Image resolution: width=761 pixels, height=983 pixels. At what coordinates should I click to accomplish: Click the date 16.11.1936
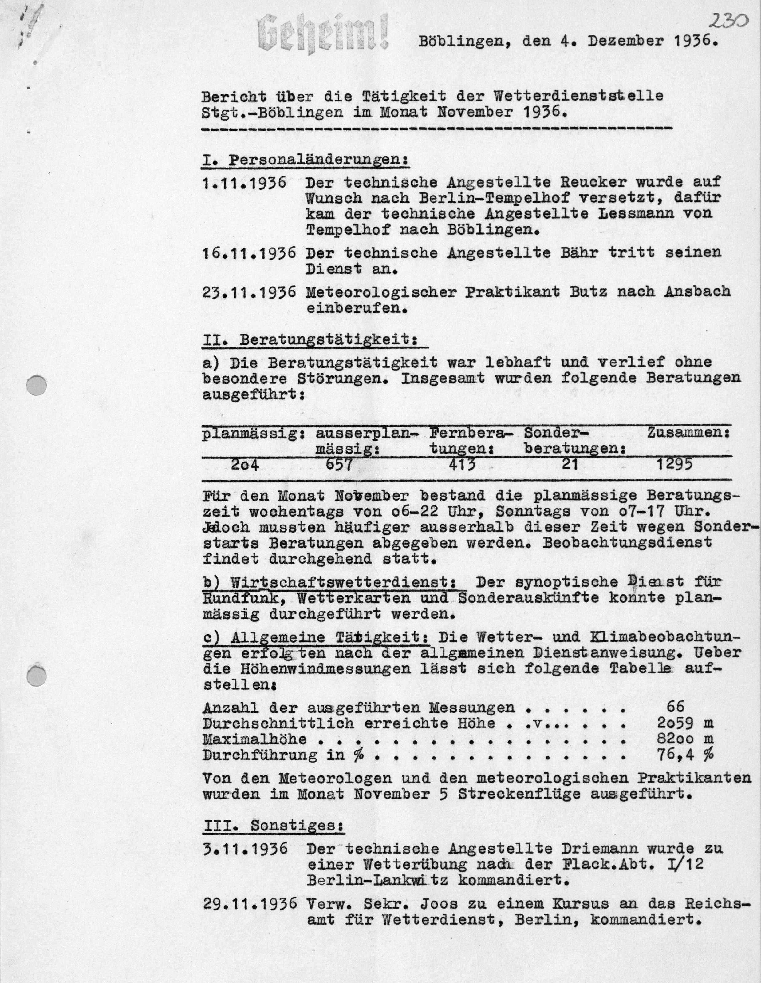click(249, 252)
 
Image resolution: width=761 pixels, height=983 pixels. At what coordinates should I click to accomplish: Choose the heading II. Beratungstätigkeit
click(314, 340)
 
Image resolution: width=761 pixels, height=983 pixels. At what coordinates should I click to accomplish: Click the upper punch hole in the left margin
click(37, 386)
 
